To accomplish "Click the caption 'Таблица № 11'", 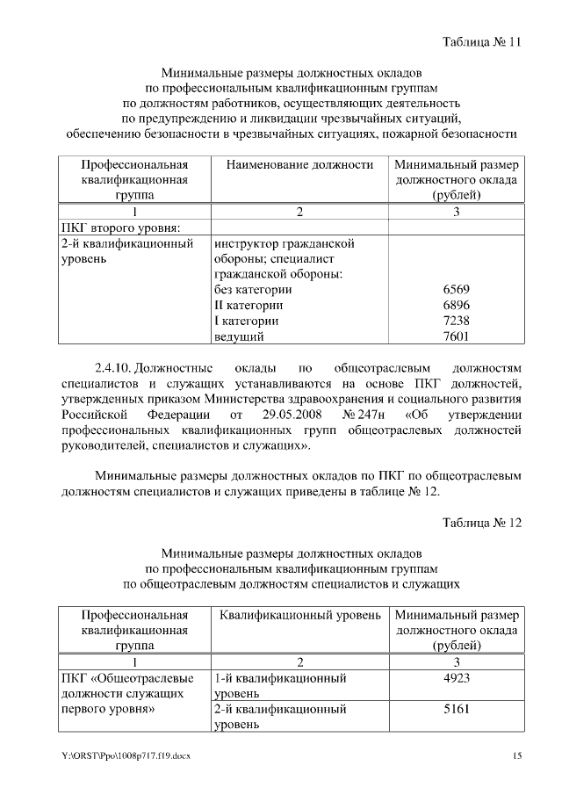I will pyautogui.click(x=482, y=42).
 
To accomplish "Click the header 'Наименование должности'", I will pyautogui.click(x=299, y=164).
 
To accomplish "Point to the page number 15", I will pyautogui.click(x=516, y=756).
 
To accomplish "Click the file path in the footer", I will pyautogui.click(x=126, y=756).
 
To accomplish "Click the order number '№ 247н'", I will pyautogui.click(x=364, y=414).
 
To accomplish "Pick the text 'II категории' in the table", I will pyautogui.click(x=249, y=305).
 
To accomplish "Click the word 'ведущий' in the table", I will pyautogui.click(x=239, y=336).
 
